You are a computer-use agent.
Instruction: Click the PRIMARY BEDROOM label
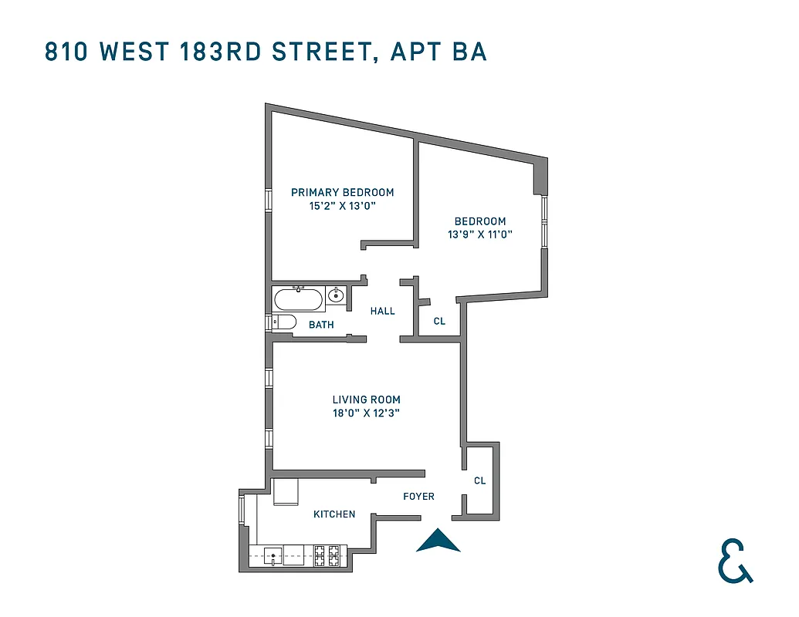pos(342,192)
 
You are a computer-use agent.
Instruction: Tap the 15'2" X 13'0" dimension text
pos(342,206)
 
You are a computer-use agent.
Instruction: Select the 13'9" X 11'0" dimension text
pos(480,234)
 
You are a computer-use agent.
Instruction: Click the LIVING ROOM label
pos(366,400)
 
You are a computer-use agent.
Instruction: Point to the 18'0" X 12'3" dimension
pos(366,413)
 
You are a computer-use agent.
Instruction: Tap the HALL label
pos(382,311)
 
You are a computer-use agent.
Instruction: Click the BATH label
pos(321,325)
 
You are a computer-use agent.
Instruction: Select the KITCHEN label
pos(334,514)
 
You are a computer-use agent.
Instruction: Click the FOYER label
pos(418,497)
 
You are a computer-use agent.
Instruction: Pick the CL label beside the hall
pos(439,321)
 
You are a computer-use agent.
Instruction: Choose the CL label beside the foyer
pos(479,480)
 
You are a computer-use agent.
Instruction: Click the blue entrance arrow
pos(438,541)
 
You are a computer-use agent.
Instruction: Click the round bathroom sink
pos(336,295)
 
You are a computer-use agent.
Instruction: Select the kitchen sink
pos(273,555)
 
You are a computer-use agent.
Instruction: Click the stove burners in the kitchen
pos(327,554)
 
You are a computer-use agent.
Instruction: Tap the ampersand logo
pos(734,561)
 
